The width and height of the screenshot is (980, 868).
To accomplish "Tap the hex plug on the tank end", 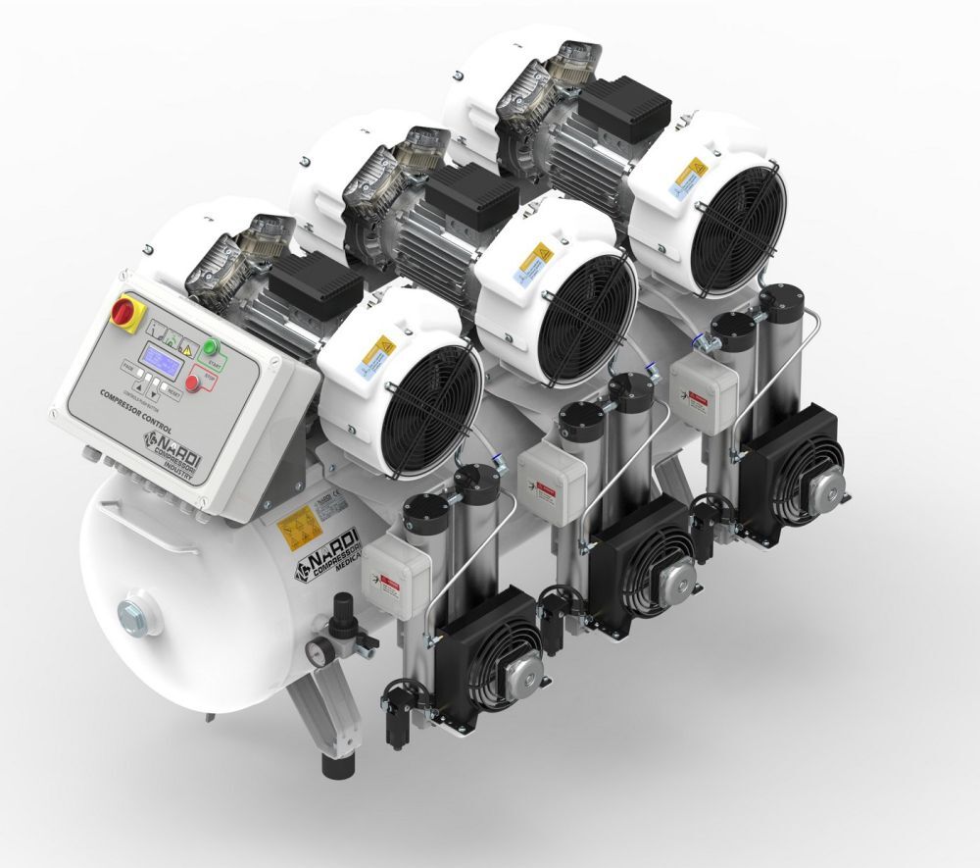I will click(133, 617).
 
